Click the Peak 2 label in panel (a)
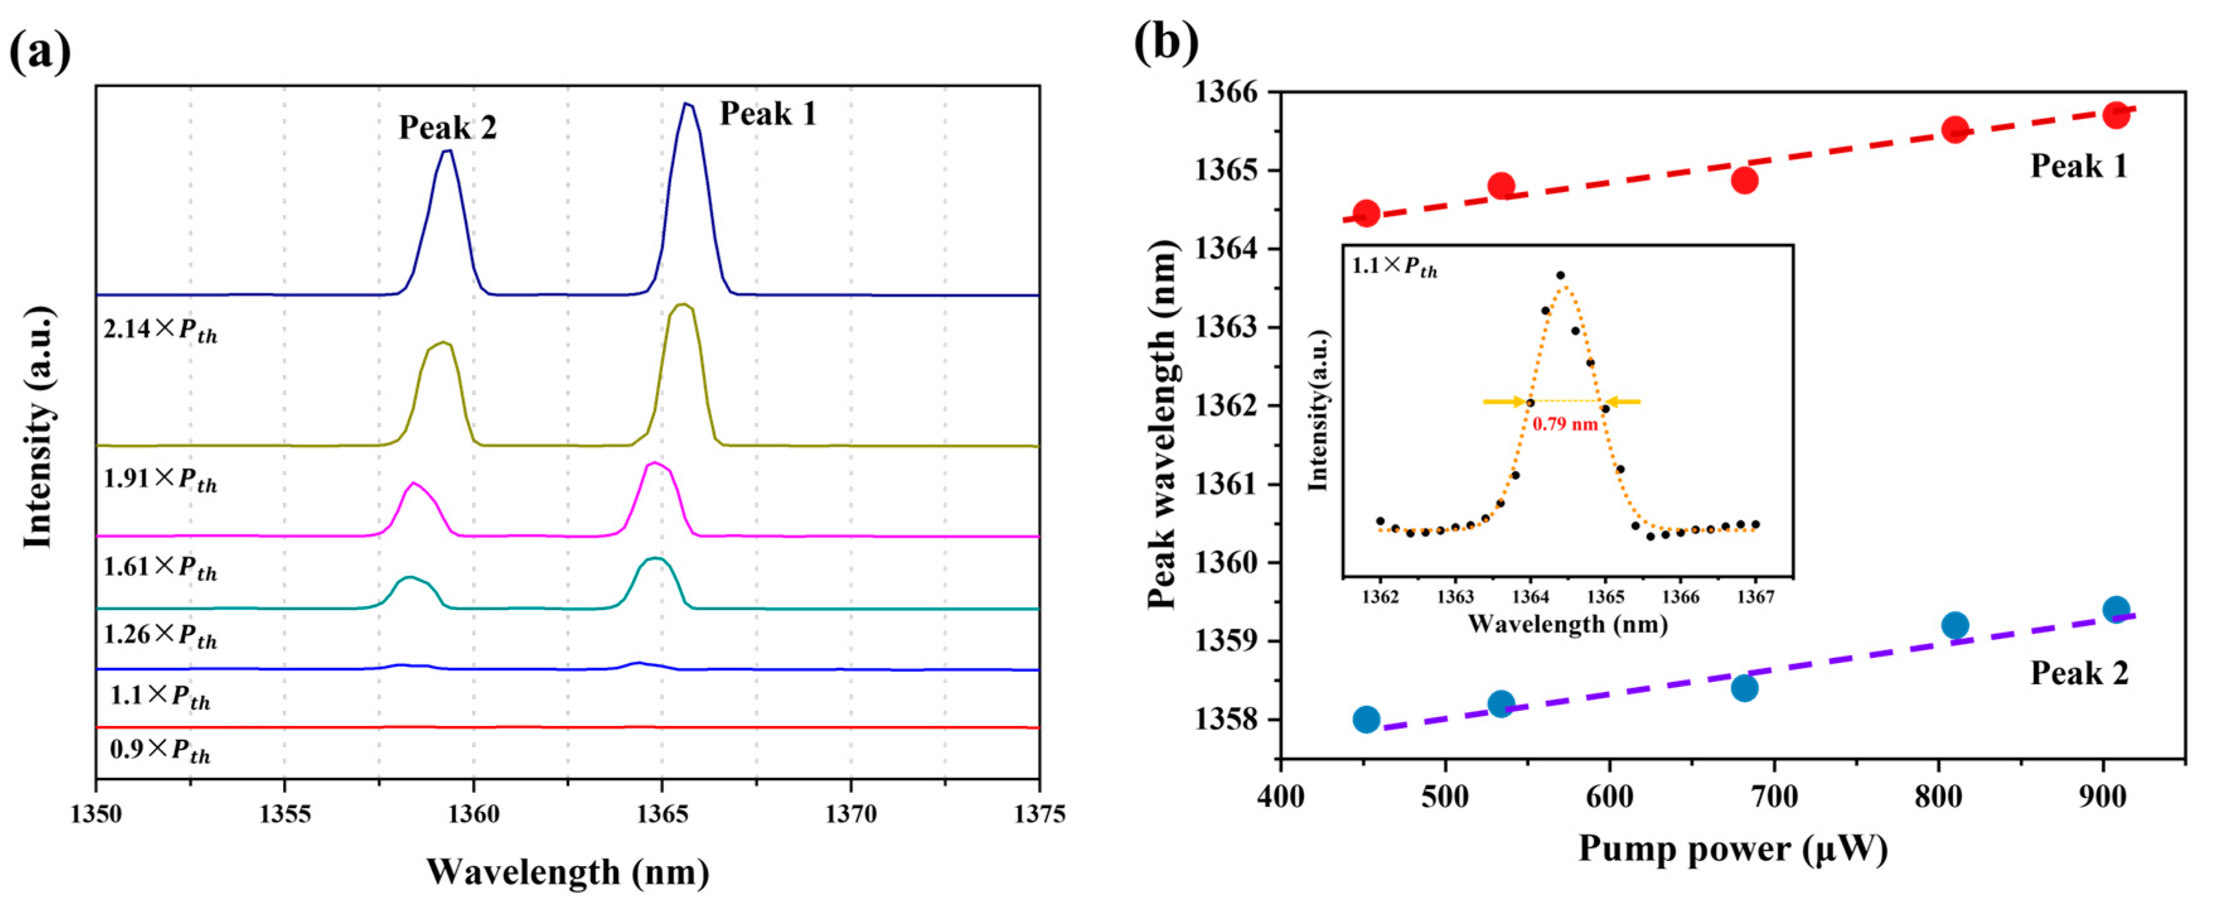tap(447, 127)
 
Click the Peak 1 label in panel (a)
tap(767, 114)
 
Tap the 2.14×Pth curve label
tap(160, 330)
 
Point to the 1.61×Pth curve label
tap(160, 568)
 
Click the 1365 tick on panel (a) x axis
tap(661, 814)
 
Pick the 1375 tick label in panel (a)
tap(1038, 814)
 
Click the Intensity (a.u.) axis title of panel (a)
tap(38, 427)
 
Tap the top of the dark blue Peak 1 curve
tap(686, 104)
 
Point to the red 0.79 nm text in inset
tap(1565, 424)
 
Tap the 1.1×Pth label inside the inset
tap(1394, 266)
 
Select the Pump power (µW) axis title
tap(1732, 850)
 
